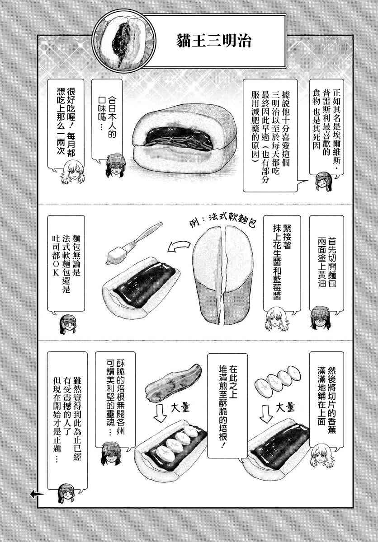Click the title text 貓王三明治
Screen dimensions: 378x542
213,40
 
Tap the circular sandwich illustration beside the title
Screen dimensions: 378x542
124,42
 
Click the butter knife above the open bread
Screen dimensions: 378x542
134,243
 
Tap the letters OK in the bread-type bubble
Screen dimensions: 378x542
56,268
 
